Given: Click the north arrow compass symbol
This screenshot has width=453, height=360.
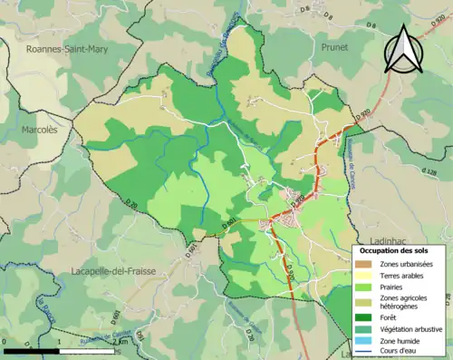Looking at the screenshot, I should pyautogui.click(x=404, y=50).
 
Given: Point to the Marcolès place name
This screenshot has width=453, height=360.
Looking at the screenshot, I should pyautogui.click(x=39, y=130).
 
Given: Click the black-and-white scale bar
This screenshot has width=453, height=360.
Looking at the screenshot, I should pyautogui.click(x=59, y=350).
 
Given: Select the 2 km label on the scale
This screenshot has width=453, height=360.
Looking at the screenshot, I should pyautogui.click(x=118, y=342).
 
